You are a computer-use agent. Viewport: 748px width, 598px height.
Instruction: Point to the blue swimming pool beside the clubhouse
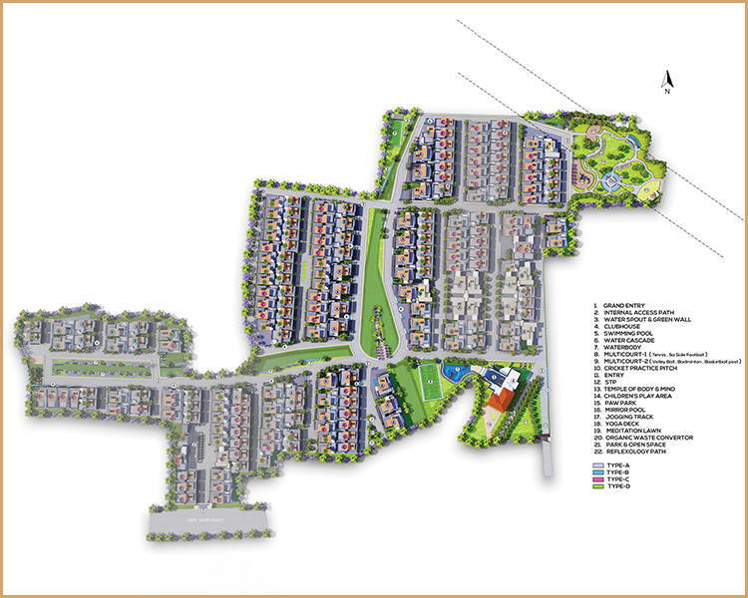457,375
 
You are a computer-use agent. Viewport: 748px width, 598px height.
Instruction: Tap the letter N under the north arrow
669,91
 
